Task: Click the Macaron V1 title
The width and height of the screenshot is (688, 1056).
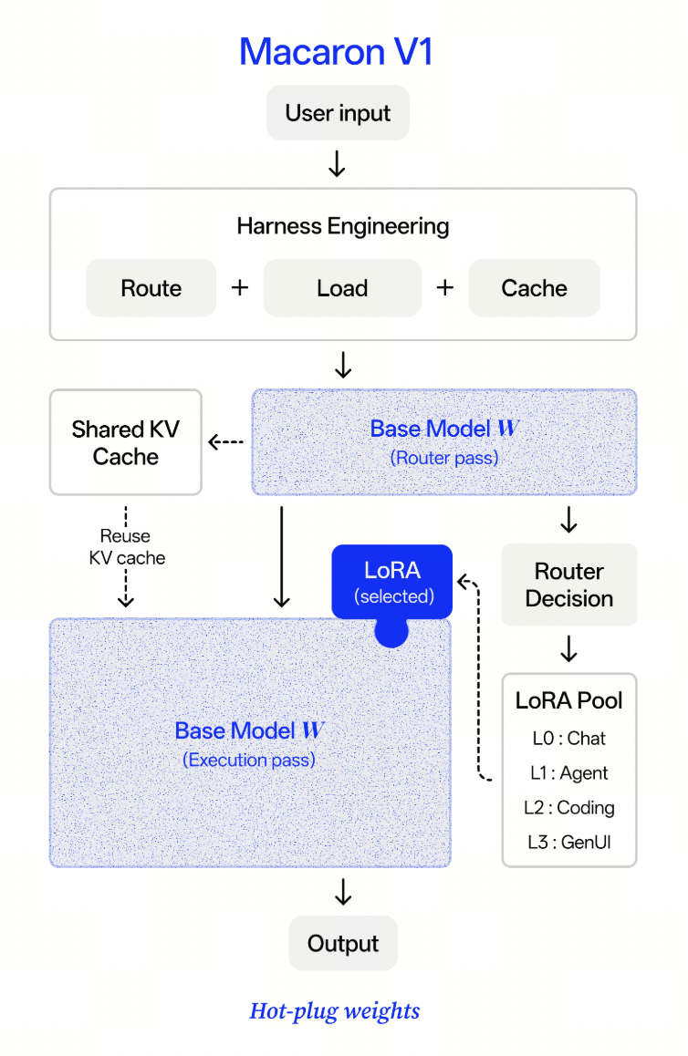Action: pos(336,52)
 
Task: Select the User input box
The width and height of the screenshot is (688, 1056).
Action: pos(338,112)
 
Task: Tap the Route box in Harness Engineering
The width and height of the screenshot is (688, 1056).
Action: pos(151,287)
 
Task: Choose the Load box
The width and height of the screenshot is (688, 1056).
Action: pos(342,287)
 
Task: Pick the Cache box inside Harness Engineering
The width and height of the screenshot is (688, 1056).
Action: pos(535,287)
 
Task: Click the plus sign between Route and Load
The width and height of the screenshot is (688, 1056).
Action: pos(240,287)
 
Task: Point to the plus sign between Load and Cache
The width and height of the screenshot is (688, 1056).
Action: pos(444,287)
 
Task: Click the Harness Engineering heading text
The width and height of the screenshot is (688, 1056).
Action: pos(343,226)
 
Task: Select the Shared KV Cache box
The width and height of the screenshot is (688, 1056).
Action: pos(125,441)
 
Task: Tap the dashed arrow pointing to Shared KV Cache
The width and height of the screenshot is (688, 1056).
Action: pos(225,441)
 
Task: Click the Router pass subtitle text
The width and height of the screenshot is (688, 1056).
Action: pos(444,458)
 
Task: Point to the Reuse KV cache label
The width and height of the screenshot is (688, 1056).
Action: pos(127,547)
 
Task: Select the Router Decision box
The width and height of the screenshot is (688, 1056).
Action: pos(569,585)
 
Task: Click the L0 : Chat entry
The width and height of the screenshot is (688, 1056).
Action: pos(569,738)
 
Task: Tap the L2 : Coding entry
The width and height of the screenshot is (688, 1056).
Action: pos(569,807)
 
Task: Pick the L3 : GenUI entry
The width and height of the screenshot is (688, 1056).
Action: pos(569,842)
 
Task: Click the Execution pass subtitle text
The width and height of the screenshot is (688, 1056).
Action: pos(249,760)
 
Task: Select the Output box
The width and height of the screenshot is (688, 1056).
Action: pos(343,943)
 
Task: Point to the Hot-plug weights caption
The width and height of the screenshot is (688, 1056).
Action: pos(335,1011)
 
